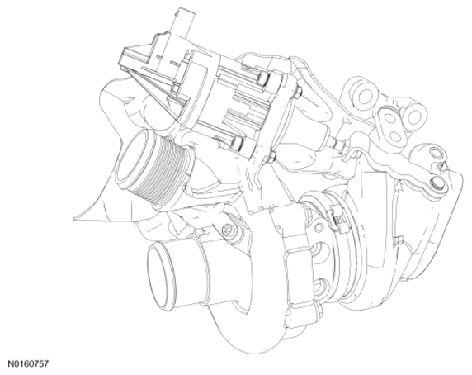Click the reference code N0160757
coord(28,364)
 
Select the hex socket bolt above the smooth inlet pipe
coord(227,230)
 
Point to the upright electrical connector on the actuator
coord(181,23)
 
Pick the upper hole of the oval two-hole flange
coord(390,119)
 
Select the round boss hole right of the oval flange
coord(415,116)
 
